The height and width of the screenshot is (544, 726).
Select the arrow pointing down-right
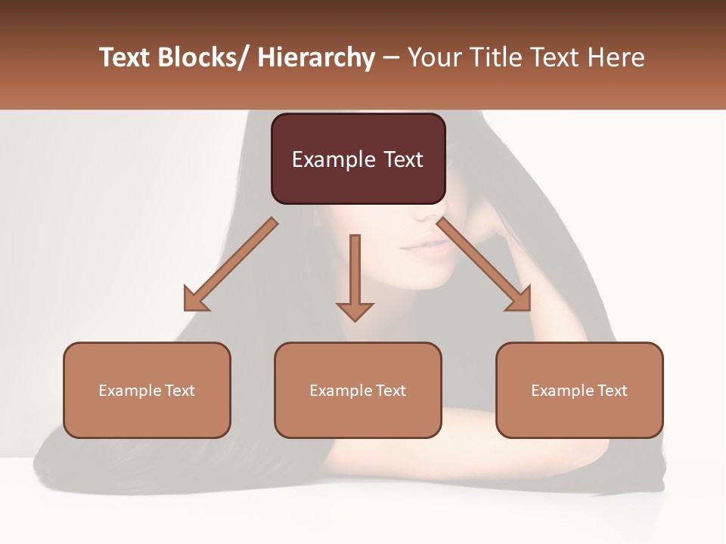pyautogui.click(x=485, y=264)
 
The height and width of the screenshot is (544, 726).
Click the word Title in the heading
pyautogui.click(x=497, y=57)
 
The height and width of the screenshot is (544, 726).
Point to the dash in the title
pyautogui.click(x=391, y=58)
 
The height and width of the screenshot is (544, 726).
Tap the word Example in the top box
pyautogui.click(x=334, y=160)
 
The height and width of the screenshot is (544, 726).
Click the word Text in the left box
pyautogui.click(x=180, y=391)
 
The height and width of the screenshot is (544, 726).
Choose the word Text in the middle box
pyautogui.click(x=391, y=391)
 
